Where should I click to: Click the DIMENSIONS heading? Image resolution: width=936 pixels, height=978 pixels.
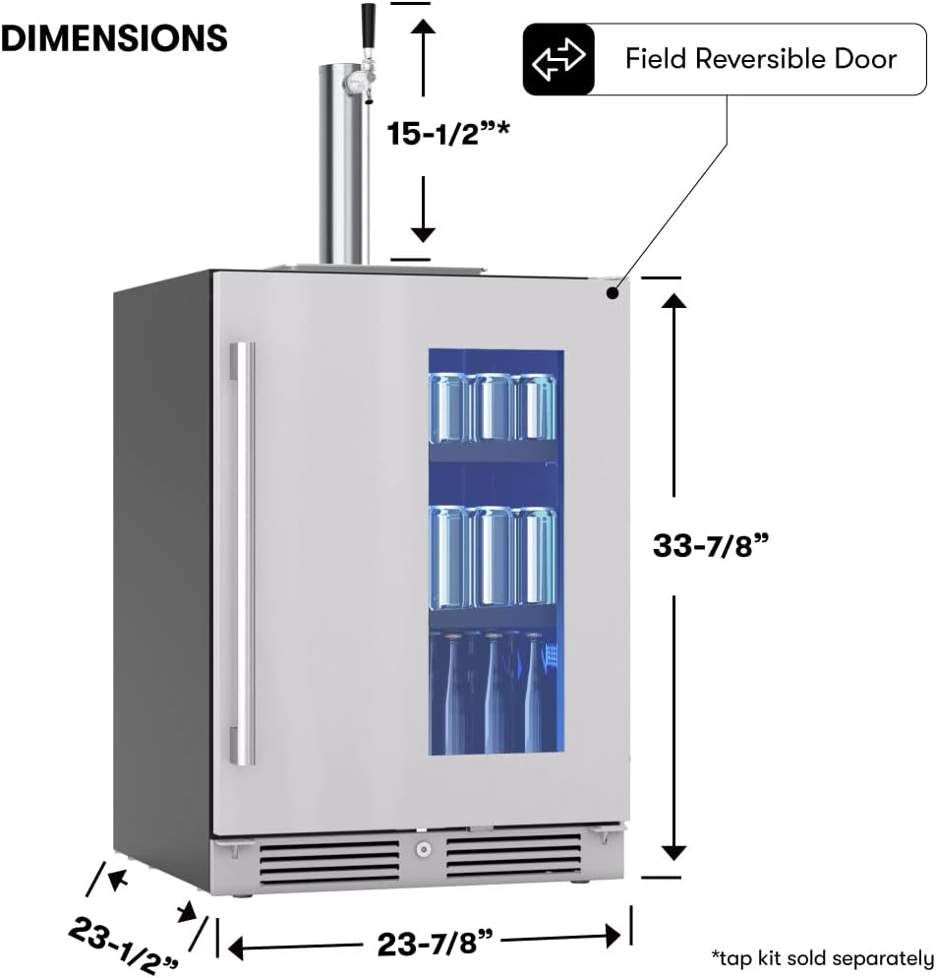[114, 37]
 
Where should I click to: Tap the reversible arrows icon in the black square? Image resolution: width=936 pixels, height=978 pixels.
[557, 59]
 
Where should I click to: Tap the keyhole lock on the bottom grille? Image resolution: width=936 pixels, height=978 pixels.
[423, 849]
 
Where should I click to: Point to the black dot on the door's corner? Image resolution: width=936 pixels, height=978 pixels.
[612, 291]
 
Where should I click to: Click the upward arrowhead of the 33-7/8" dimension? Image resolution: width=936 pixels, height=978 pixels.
[673, 301]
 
